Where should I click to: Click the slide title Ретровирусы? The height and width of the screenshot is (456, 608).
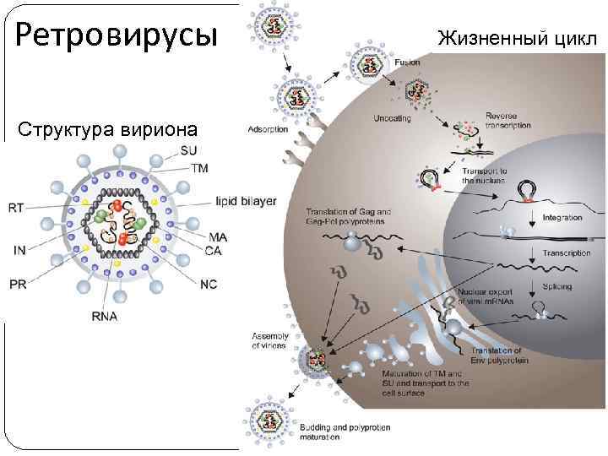click(x=117, y=36)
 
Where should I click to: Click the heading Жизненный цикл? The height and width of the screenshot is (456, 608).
click(x=520, y=37)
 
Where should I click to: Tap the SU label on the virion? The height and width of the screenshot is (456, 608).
click(x=189, y=152)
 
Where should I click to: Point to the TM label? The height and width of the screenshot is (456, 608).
click(x=200, y=169)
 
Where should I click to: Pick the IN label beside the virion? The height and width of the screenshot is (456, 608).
click(x=19, y=250)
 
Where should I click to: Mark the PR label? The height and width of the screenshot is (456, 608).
click(x=18, y=284)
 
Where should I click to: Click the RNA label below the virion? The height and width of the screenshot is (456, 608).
click(x=105, y=317)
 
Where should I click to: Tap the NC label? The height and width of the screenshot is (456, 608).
click(x=209, y=284)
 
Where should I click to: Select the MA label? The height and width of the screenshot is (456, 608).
click(x=217, y=237)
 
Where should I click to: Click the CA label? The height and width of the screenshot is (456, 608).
click(x=214, y=249)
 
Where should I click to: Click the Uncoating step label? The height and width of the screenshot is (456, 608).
click(x=393, y=119)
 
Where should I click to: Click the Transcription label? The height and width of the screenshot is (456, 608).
click(x=567, y=253)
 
